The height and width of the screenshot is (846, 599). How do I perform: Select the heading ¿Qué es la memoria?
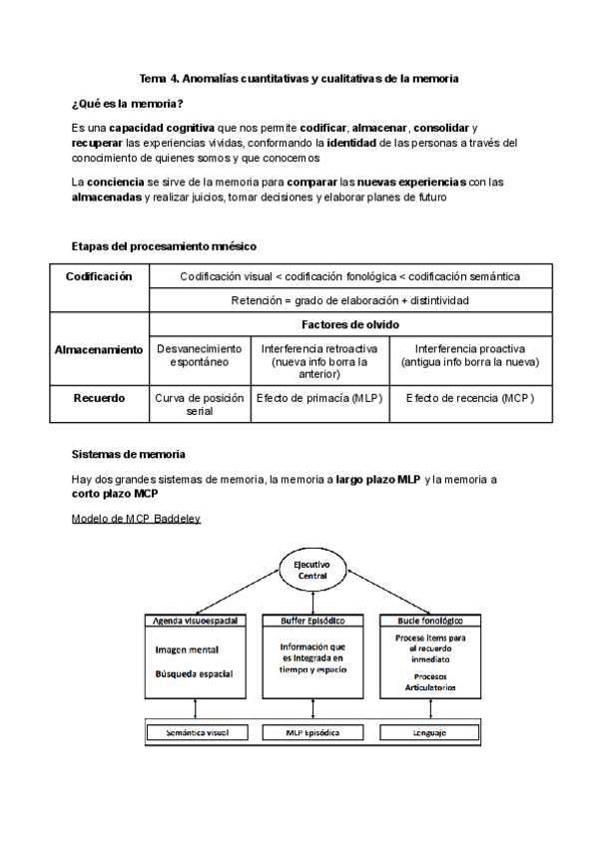coord(127,104)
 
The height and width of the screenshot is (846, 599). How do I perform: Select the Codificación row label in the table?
coord(99,276)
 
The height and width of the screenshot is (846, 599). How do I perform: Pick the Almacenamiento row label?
coord(99,350)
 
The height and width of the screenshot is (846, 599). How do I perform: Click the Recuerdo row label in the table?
coord(99,398)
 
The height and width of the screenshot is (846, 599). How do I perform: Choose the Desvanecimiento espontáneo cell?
coord(200,356)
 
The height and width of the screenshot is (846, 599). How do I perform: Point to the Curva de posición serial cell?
coord(200,404)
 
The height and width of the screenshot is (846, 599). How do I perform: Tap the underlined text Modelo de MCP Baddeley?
coord(137,520)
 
